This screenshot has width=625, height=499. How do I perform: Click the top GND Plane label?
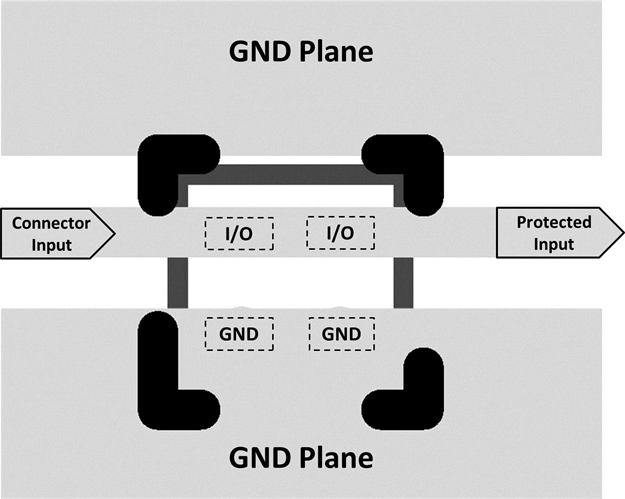coord(301,52)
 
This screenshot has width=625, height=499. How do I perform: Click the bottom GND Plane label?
coord(301,458)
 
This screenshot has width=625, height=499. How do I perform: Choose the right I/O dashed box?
coord(341,233)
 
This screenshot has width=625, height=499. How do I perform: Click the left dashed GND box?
coord(240,333)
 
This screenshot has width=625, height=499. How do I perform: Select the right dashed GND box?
coord(344,333)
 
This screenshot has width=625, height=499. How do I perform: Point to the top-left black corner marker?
coord(165,170)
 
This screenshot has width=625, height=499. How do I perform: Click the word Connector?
coord(51,222)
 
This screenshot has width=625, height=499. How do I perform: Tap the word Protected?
coord(553,222)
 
